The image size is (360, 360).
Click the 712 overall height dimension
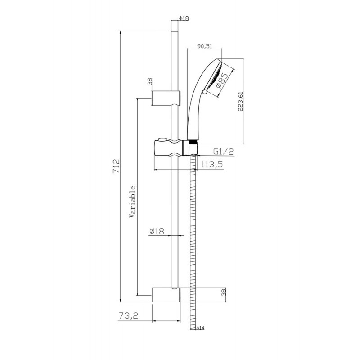click(x=117, y=166)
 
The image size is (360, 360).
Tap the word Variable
click(x=132, y=202)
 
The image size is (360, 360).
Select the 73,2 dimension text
click(x=129, y=316)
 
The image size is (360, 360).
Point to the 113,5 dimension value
click(x=212, y=164)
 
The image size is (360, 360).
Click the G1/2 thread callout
click(x=223, y=151)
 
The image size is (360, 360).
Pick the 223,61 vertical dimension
click(x=240, y=102)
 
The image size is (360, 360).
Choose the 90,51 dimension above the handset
click(x=205, y=46)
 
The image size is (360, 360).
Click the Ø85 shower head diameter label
click(x=222, y=81)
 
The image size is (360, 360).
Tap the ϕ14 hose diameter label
click(x=200, y=328)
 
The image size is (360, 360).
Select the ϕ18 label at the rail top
click(x=184, y=18)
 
